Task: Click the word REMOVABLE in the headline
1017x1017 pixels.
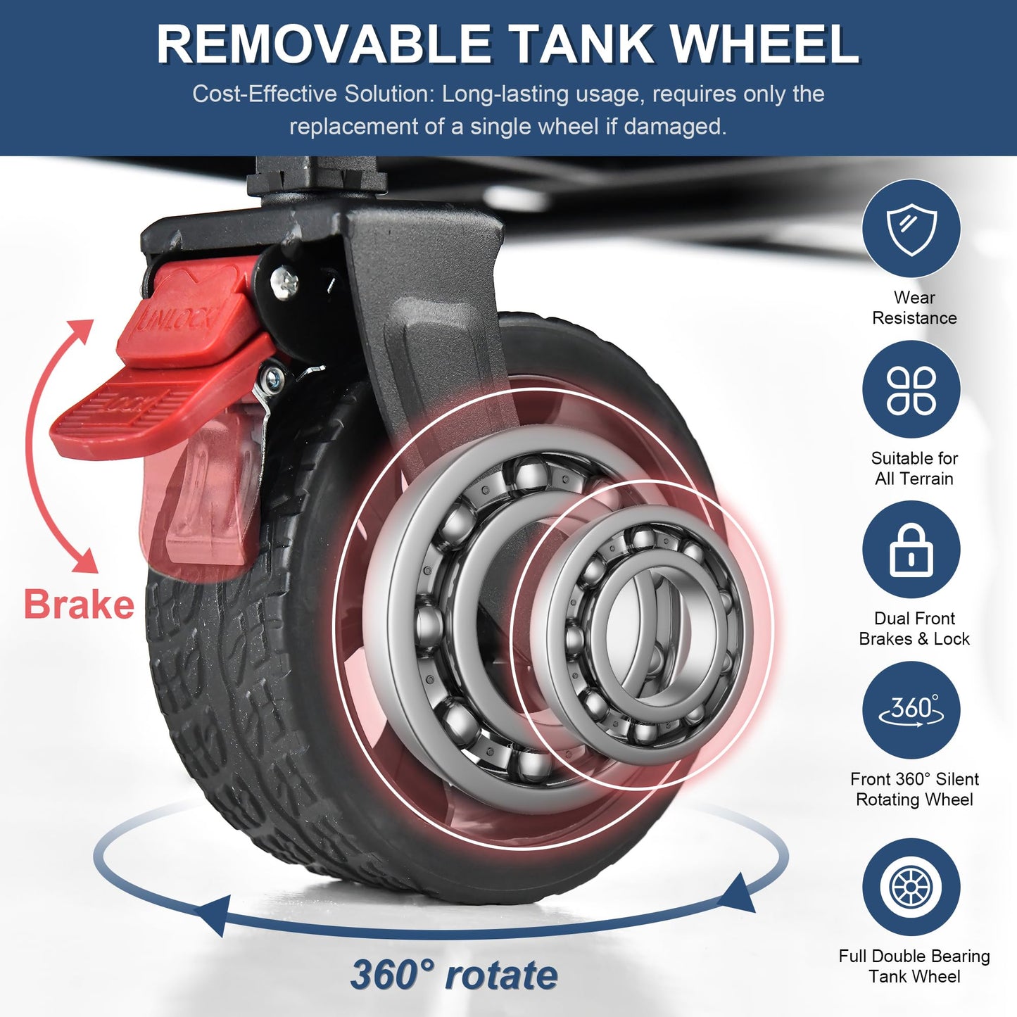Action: (x=323, y=44)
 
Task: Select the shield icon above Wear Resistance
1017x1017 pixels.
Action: (x=911, y=229)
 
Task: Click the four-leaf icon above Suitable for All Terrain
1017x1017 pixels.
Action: (x=911, y=391)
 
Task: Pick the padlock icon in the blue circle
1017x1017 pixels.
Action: (x=911, y=550)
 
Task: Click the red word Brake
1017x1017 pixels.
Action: (x=79, y=605)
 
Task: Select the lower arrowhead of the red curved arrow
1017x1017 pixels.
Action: (x=85, y=560)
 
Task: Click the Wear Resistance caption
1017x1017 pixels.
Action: (x=914, y=308)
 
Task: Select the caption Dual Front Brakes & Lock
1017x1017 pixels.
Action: (x=914, y=628)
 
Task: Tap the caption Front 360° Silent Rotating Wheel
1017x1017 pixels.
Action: (x=914, y=789)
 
